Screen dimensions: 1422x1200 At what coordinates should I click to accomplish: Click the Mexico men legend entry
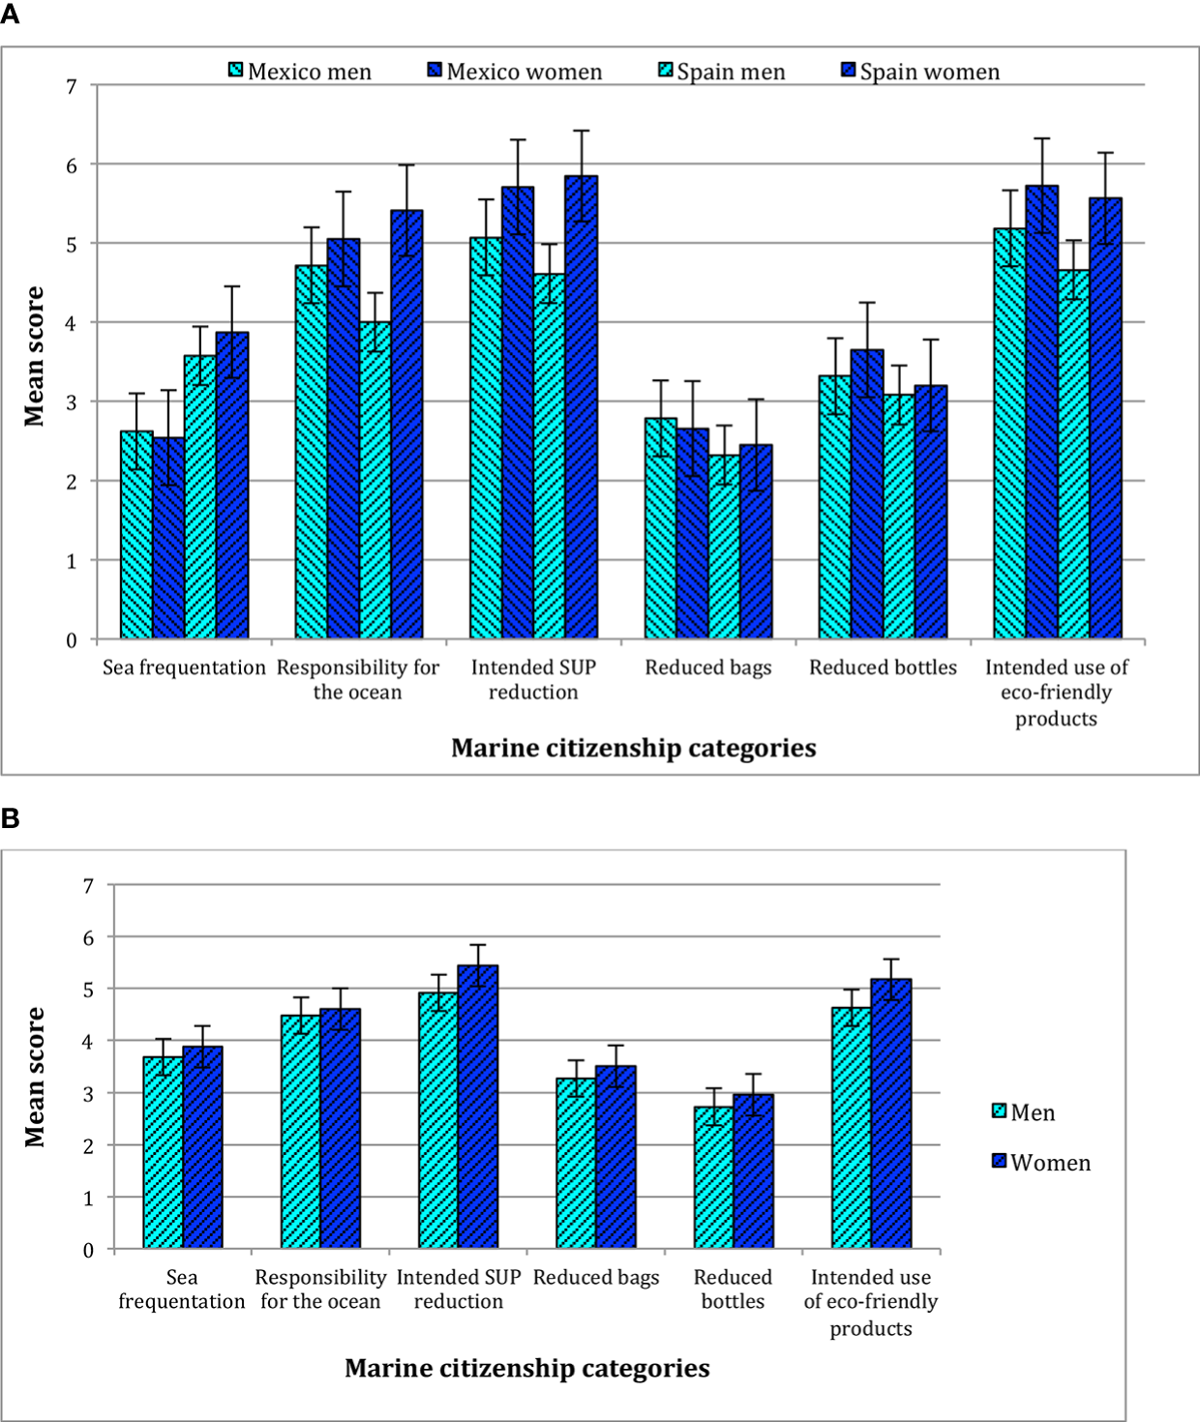[300, 72]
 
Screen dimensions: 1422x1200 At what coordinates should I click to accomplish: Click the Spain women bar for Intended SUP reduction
[581, 406]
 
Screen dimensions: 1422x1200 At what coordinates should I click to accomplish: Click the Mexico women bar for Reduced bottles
[867, 493]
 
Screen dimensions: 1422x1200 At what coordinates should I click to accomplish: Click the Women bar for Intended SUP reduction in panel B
[478, 1107]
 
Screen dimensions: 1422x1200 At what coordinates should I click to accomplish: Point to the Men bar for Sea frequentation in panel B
[163, 1152]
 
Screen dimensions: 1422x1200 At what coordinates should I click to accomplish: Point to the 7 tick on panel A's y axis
[72, 86]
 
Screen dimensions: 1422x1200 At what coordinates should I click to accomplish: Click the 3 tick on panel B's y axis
[88, 1093]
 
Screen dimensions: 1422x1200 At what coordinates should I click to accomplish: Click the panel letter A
[10, 15]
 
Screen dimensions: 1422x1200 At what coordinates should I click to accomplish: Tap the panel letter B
[10, 818]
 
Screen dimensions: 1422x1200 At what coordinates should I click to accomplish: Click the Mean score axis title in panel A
[35, 356]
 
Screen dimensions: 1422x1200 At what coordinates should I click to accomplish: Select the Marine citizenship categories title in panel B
[526, 1368]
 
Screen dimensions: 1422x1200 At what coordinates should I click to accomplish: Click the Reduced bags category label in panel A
[708, 667]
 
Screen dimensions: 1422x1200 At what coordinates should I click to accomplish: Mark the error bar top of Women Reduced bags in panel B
[615, 1046]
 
